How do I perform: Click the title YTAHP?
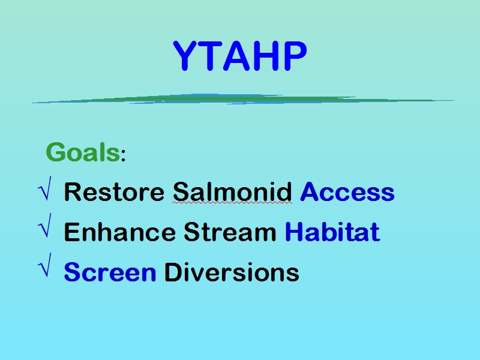coord(239,55)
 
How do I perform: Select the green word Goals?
coord(83,152)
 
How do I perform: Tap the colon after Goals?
coord(123,155)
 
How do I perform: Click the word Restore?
coord(114,192)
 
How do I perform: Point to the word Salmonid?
coord(232,192)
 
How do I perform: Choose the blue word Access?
coord(347,192)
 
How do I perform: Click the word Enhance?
coord(119,232)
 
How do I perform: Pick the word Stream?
coord(230,232)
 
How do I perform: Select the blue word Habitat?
coord(333,232)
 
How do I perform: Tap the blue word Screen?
coord(110,272)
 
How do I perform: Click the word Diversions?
coord(232,272)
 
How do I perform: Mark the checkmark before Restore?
coord(45,188)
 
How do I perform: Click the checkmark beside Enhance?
coord(45,226)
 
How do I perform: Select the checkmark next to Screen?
coord(45,265)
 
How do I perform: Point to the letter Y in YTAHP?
coord(185,56)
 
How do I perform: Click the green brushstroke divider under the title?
coord(242,99)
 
